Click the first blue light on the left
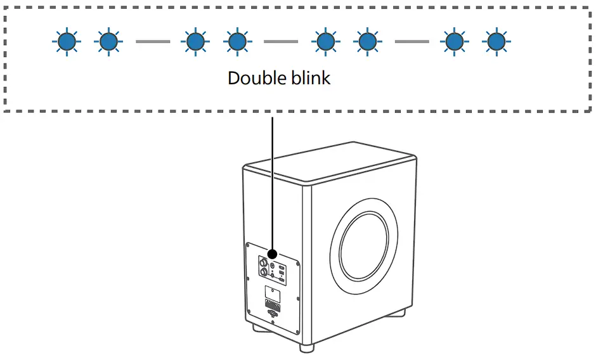pyautogui.click(x=66, y=42)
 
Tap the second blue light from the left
pyautogui.click(x=108, y=42)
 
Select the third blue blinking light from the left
pyautogui.click(x=195, y=42)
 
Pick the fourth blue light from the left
pyautogui.click(x=236, y=42)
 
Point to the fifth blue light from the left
pyautogui.click(x=325, y=42)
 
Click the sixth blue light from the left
pyautogui.click(x=366, y=42)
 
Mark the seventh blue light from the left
pyautogui.click(x=453, y=42)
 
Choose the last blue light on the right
pyautogui.click(x=495, y=42)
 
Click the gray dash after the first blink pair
pyautogui.click(x=152, y=42)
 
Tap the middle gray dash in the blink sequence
pyautogui.click(x=280, y=42)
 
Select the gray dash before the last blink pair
pyautogui.click(x=411, y=42)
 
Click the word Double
pyautogui.click(x=256, y=78)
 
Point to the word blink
pyautogui.click(x=309, y=78)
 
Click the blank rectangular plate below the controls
pyautogui.click(x=273, y=294)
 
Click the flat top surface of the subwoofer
pyautogui.click(x=330, y=163)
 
